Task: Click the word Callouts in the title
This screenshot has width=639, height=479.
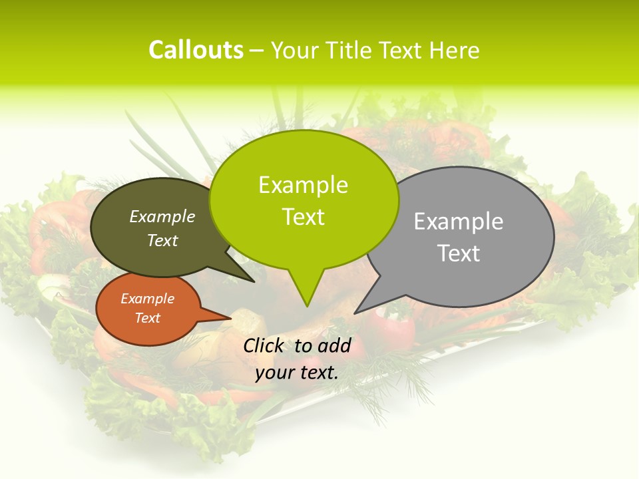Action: (196, 50)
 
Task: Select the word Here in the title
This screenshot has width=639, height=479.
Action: (455, 50)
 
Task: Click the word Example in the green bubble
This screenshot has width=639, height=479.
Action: (303, 184)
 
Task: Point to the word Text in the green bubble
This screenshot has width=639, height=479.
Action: (303, 216)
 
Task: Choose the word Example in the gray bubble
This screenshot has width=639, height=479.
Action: (459, 221)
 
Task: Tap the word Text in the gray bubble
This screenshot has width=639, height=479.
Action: (459, 253)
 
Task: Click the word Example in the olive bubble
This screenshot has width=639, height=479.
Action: (162, 216)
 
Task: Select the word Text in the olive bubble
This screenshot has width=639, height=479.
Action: (162, 240)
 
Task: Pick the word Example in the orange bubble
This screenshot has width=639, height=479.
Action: (147, 299)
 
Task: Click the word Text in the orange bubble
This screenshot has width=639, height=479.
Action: (147, 318)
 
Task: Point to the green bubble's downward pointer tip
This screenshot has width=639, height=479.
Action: (307, 305)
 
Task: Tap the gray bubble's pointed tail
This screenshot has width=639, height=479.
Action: (357, 311)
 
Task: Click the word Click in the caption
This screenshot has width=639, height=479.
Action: (265, 345)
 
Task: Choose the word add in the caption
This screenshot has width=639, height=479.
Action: (333, 345)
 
